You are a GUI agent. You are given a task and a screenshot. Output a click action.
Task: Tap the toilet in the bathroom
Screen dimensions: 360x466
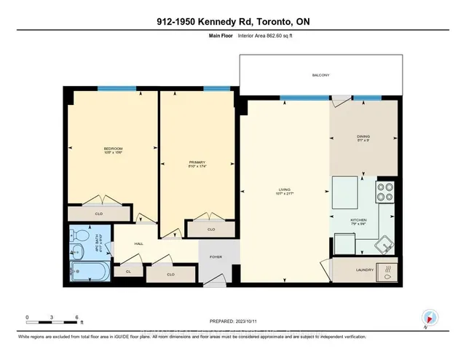pos(80,235)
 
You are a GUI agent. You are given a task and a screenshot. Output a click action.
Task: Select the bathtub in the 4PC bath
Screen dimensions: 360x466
pos(87,273)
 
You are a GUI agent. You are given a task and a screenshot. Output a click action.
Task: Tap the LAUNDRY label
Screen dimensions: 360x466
pos(364,271)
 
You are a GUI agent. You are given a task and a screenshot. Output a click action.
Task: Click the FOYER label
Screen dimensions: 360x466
pos(216,257)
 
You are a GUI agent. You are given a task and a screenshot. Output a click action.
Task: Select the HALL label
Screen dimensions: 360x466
pos(138,246)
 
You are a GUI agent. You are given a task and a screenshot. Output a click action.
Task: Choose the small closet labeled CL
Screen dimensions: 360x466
pos(127,271)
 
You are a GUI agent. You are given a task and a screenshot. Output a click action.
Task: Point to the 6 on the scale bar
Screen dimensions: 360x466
pos(77,318)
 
